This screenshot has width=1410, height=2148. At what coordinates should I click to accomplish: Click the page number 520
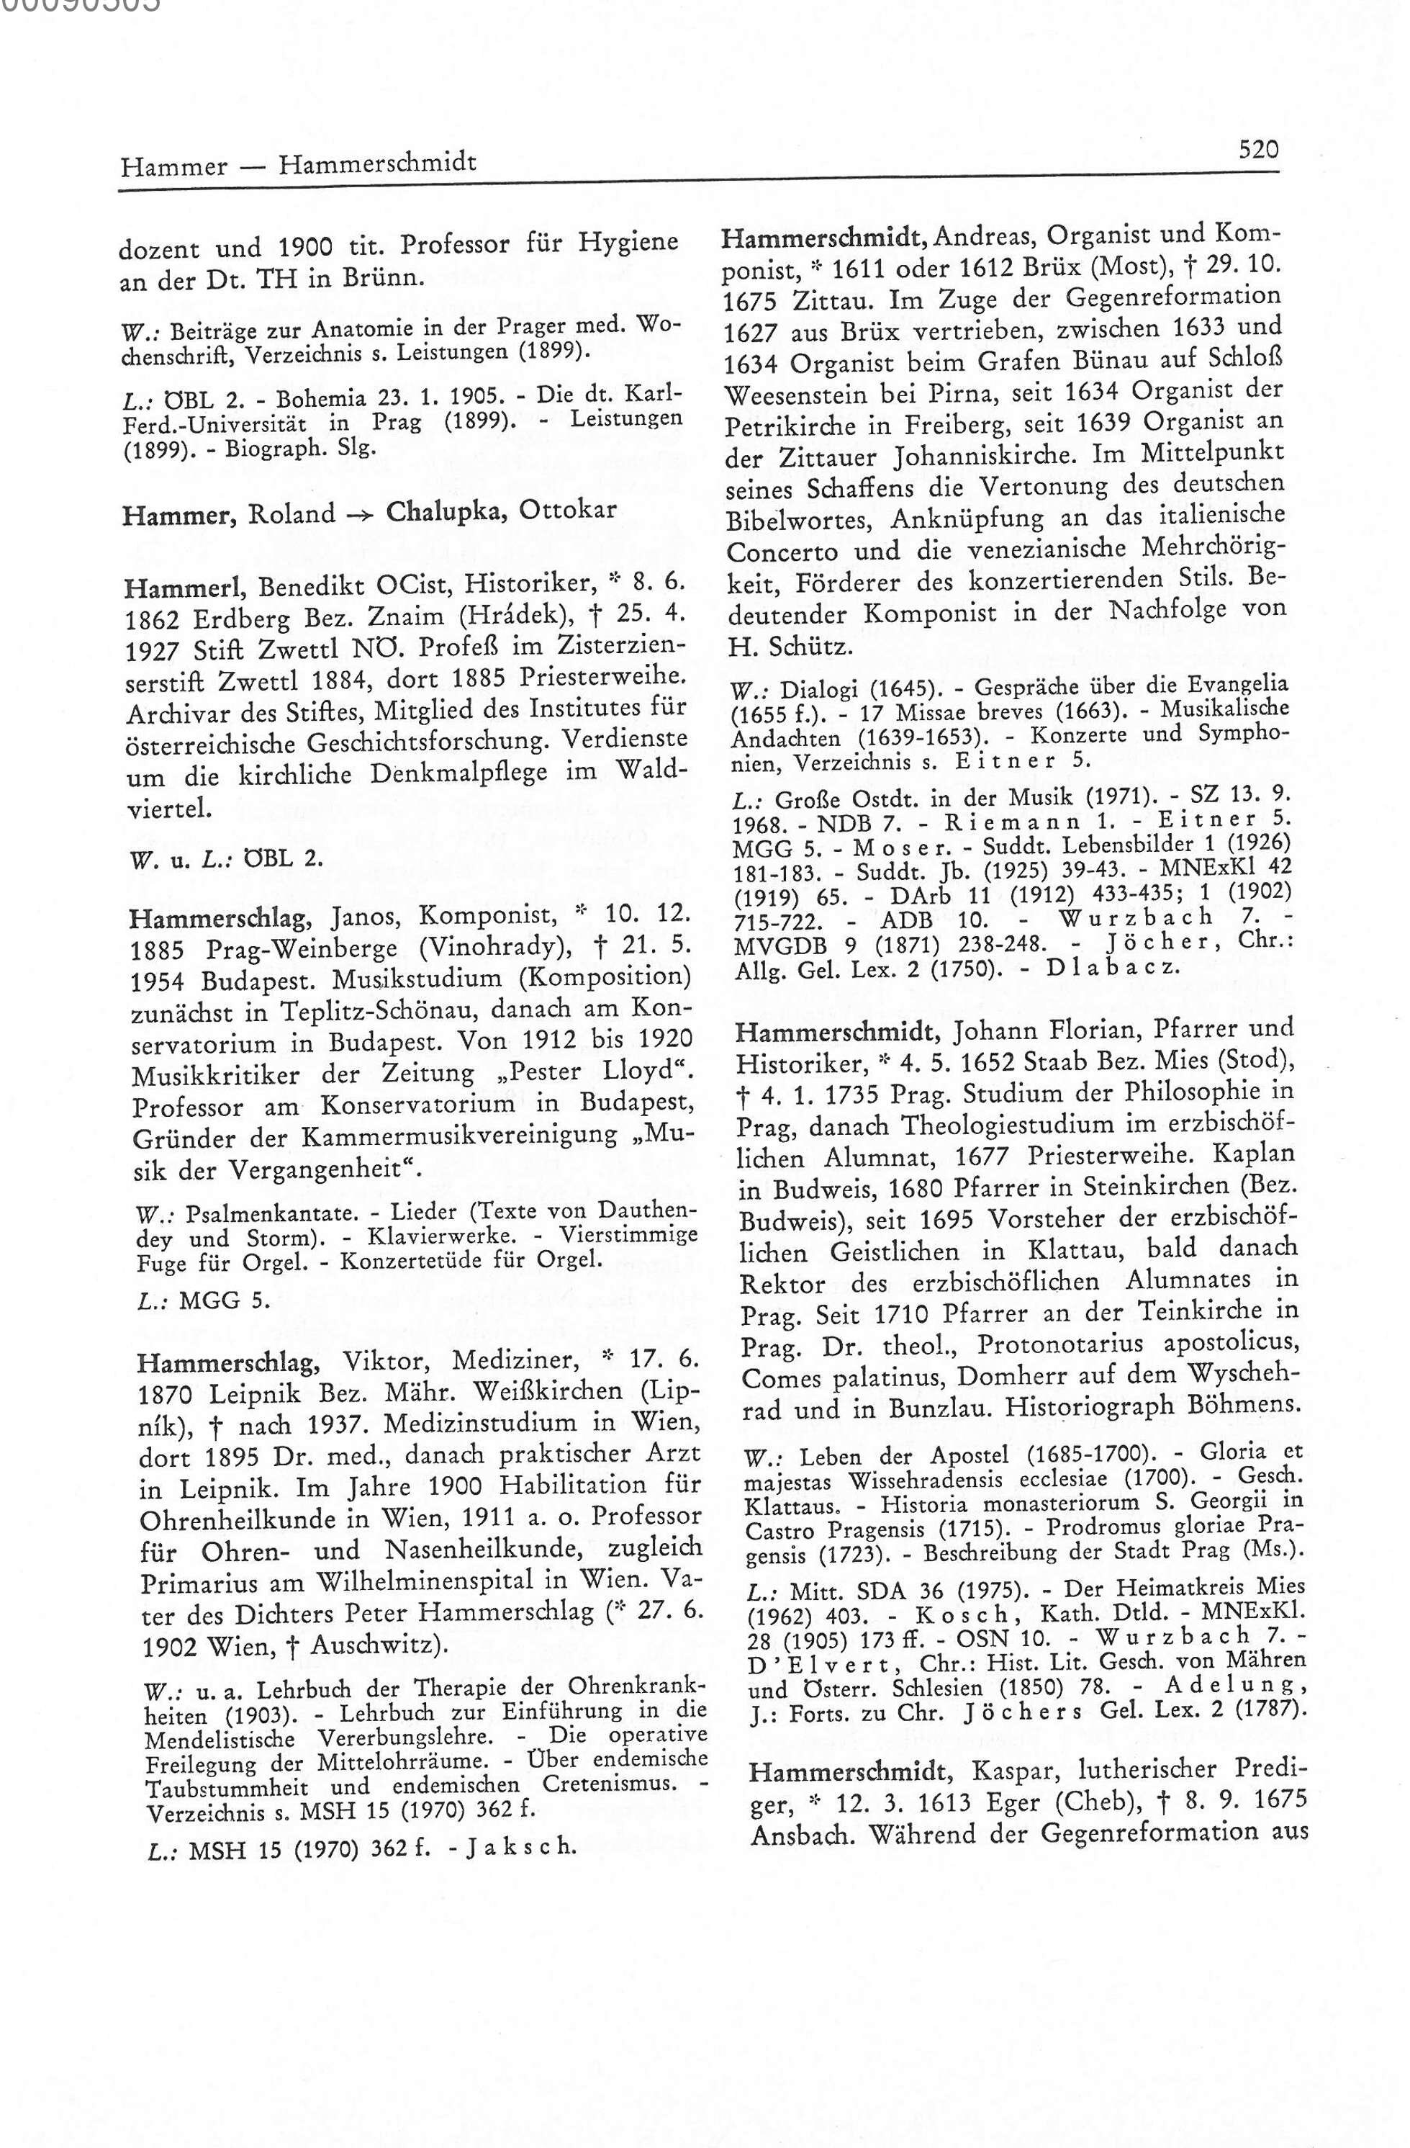(1258, 149)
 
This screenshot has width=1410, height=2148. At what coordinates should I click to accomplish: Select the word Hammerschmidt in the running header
(377, 163)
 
